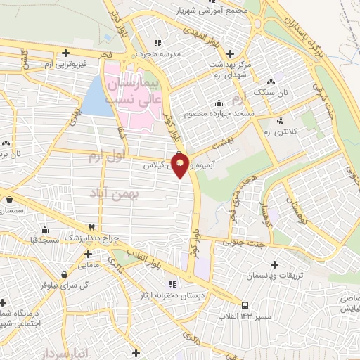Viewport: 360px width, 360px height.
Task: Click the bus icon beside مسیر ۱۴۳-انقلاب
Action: [245, 305]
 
